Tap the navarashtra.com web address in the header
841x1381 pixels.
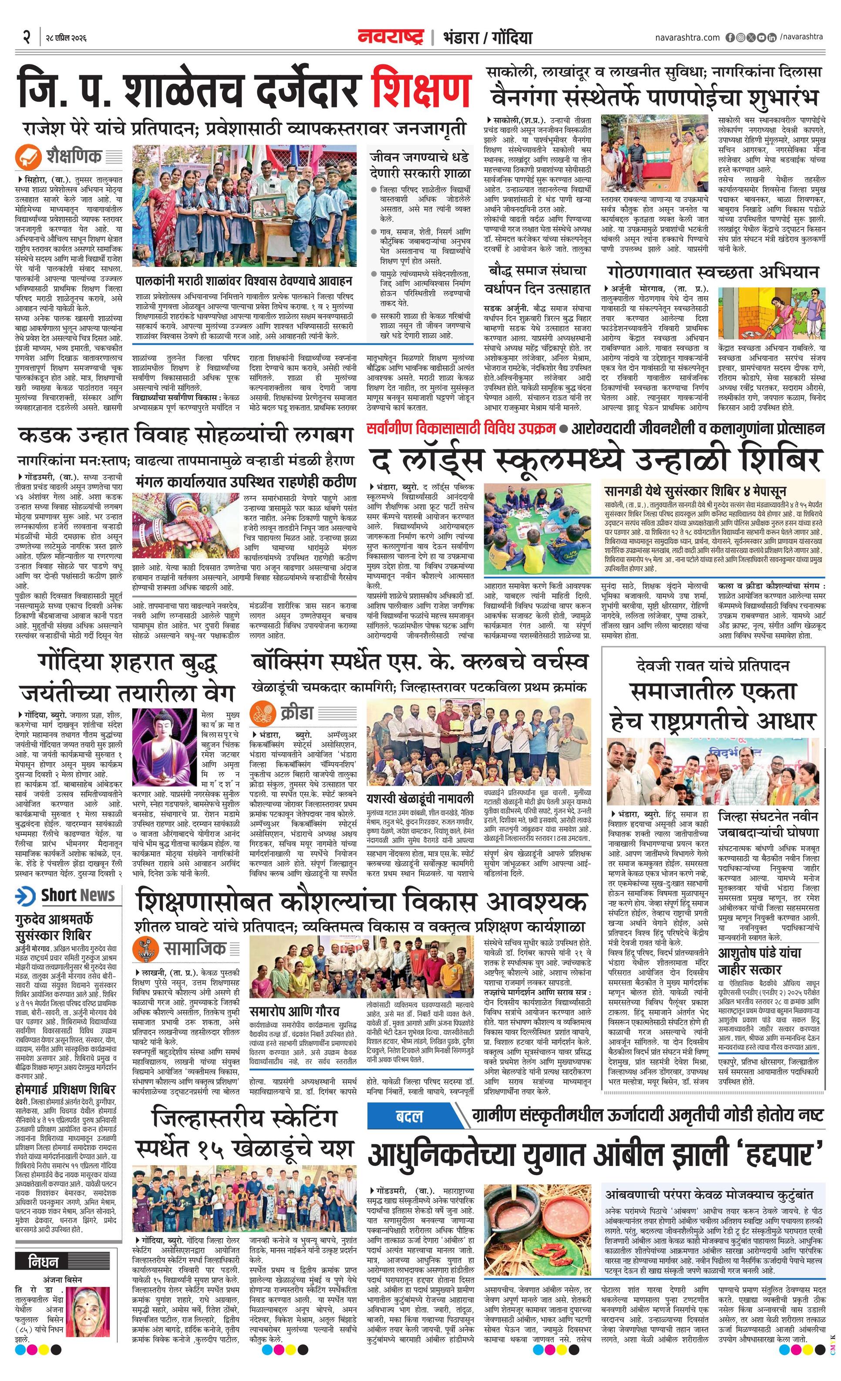(x=687, y=37)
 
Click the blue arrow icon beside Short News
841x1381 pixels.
(x=26, y=896)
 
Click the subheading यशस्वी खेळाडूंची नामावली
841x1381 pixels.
(x=420, y=798)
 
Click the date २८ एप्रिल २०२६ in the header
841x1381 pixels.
(x=66, y=37)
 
